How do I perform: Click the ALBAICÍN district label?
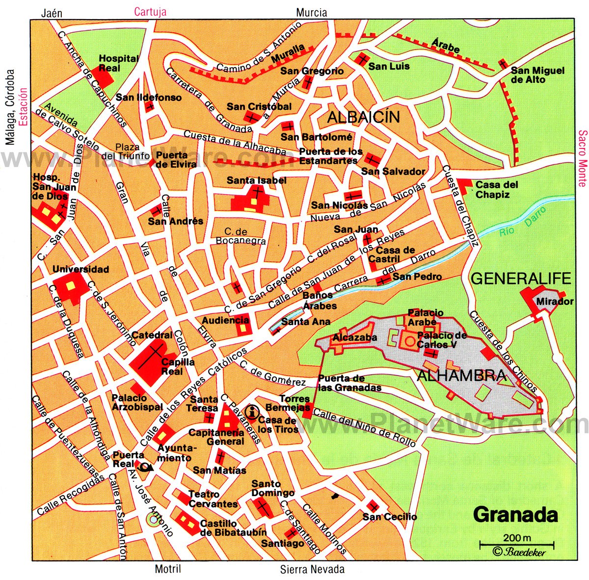click(x=363, y=117)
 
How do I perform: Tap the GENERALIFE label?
click(x=521, y=278)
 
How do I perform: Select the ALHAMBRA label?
click(x=461, y=376)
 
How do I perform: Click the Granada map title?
click(x=515, y=515)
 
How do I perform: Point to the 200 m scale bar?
click(x=516, y=543)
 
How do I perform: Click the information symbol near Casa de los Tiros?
click(x=253, y=412)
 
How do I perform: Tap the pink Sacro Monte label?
click(x=582, y=158)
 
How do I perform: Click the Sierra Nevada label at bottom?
click(x=312, y=569)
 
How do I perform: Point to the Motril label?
click(x=168, y=569)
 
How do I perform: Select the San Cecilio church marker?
click(x=374, y=506)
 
